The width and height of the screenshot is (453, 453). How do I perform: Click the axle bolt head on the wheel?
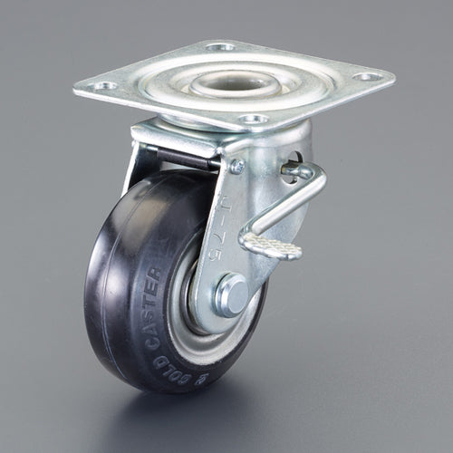tap(230, 294)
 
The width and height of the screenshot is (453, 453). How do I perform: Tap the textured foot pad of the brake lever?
tap(270, 244)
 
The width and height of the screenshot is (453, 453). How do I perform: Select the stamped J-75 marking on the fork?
tap(227, 232)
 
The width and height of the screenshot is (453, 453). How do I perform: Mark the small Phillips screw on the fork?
tap(236, 166)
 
